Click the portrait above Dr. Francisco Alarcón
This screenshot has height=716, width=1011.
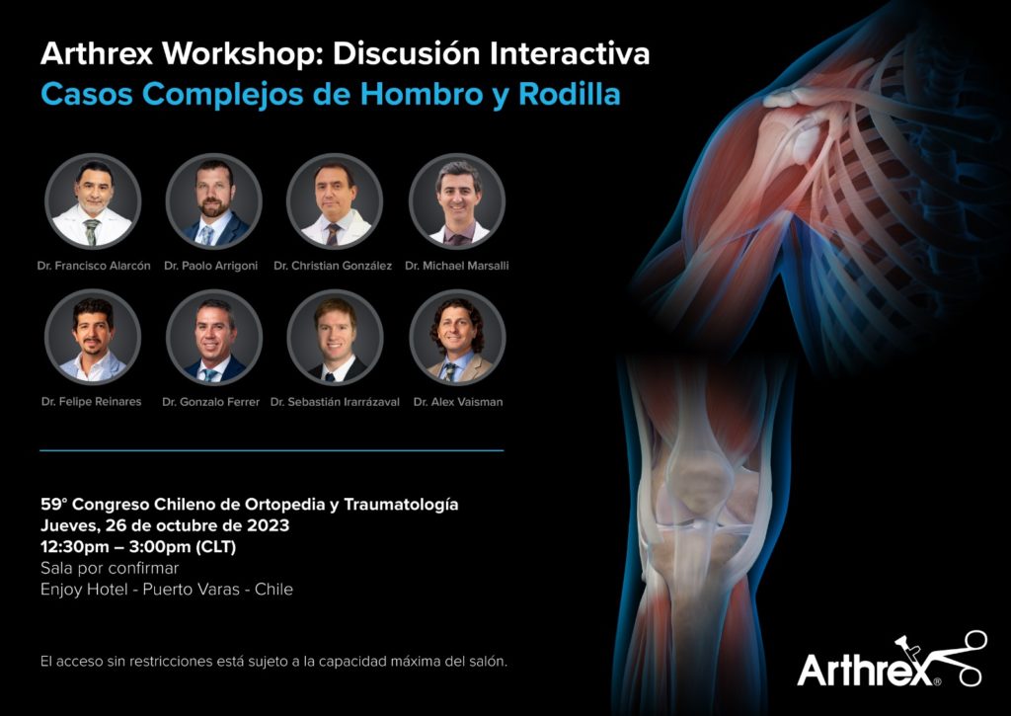[x=92, y=201]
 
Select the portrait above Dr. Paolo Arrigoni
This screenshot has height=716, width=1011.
[x=213, y=201]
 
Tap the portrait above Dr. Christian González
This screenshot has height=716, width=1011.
[x=335, y=201]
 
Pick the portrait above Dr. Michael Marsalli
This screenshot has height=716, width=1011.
[x=457, y=201]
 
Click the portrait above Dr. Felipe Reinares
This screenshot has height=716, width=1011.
[x=92, y=338]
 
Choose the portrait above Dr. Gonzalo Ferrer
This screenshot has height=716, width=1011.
[x=213, y=338]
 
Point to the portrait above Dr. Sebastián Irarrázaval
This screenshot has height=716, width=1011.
[x=335, y=338]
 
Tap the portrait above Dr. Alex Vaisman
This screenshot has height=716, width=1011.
[x=457, y=338]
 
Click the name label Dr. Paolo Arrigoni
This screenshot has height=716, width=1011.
[x=211, y=266]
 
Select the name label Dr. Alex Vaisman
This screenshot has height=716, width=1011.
[x=458, y=402]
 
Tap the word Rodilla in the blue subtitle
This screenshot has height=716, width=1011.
[x=570, y=94]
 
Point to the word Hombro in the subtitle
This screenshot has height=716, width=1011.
[x=421, y=94]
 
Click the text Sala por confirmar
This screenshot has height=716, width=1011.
[x=110, y=568]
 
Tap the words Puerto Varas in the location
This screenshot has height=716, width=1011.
[x=191, y=590]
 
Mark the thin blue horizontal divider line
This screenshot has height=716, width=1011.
[x=272, y=450]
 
